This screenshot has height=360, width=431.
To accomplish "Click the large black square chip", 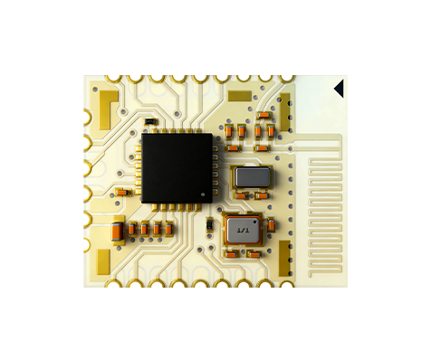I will coord(177,167).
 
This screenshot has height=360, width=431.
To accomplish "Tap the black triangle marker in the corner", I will coord(339,88).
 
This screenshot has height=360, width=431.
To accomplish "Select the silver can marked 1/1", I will coord(242,231).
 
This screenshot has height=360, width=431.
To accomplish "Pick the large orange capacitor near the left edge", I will coord(117,232).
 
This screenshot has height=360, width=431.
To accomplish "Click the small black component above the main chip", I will coord(150,120).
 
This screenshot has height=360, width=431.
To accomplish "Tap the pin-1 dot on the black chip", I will coord(205,193).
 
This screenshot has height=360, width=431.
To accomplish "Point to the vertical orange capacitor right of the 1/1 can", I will coord(269,223).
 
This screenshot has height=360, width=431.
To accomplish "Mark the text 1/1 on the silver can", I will coord(242,232).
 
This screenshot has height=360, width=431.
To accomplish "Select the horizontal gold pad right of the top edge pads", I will coord(240,95).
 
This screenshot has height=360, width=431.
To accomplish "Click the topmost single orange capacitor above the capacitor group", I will coord(263,115).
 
